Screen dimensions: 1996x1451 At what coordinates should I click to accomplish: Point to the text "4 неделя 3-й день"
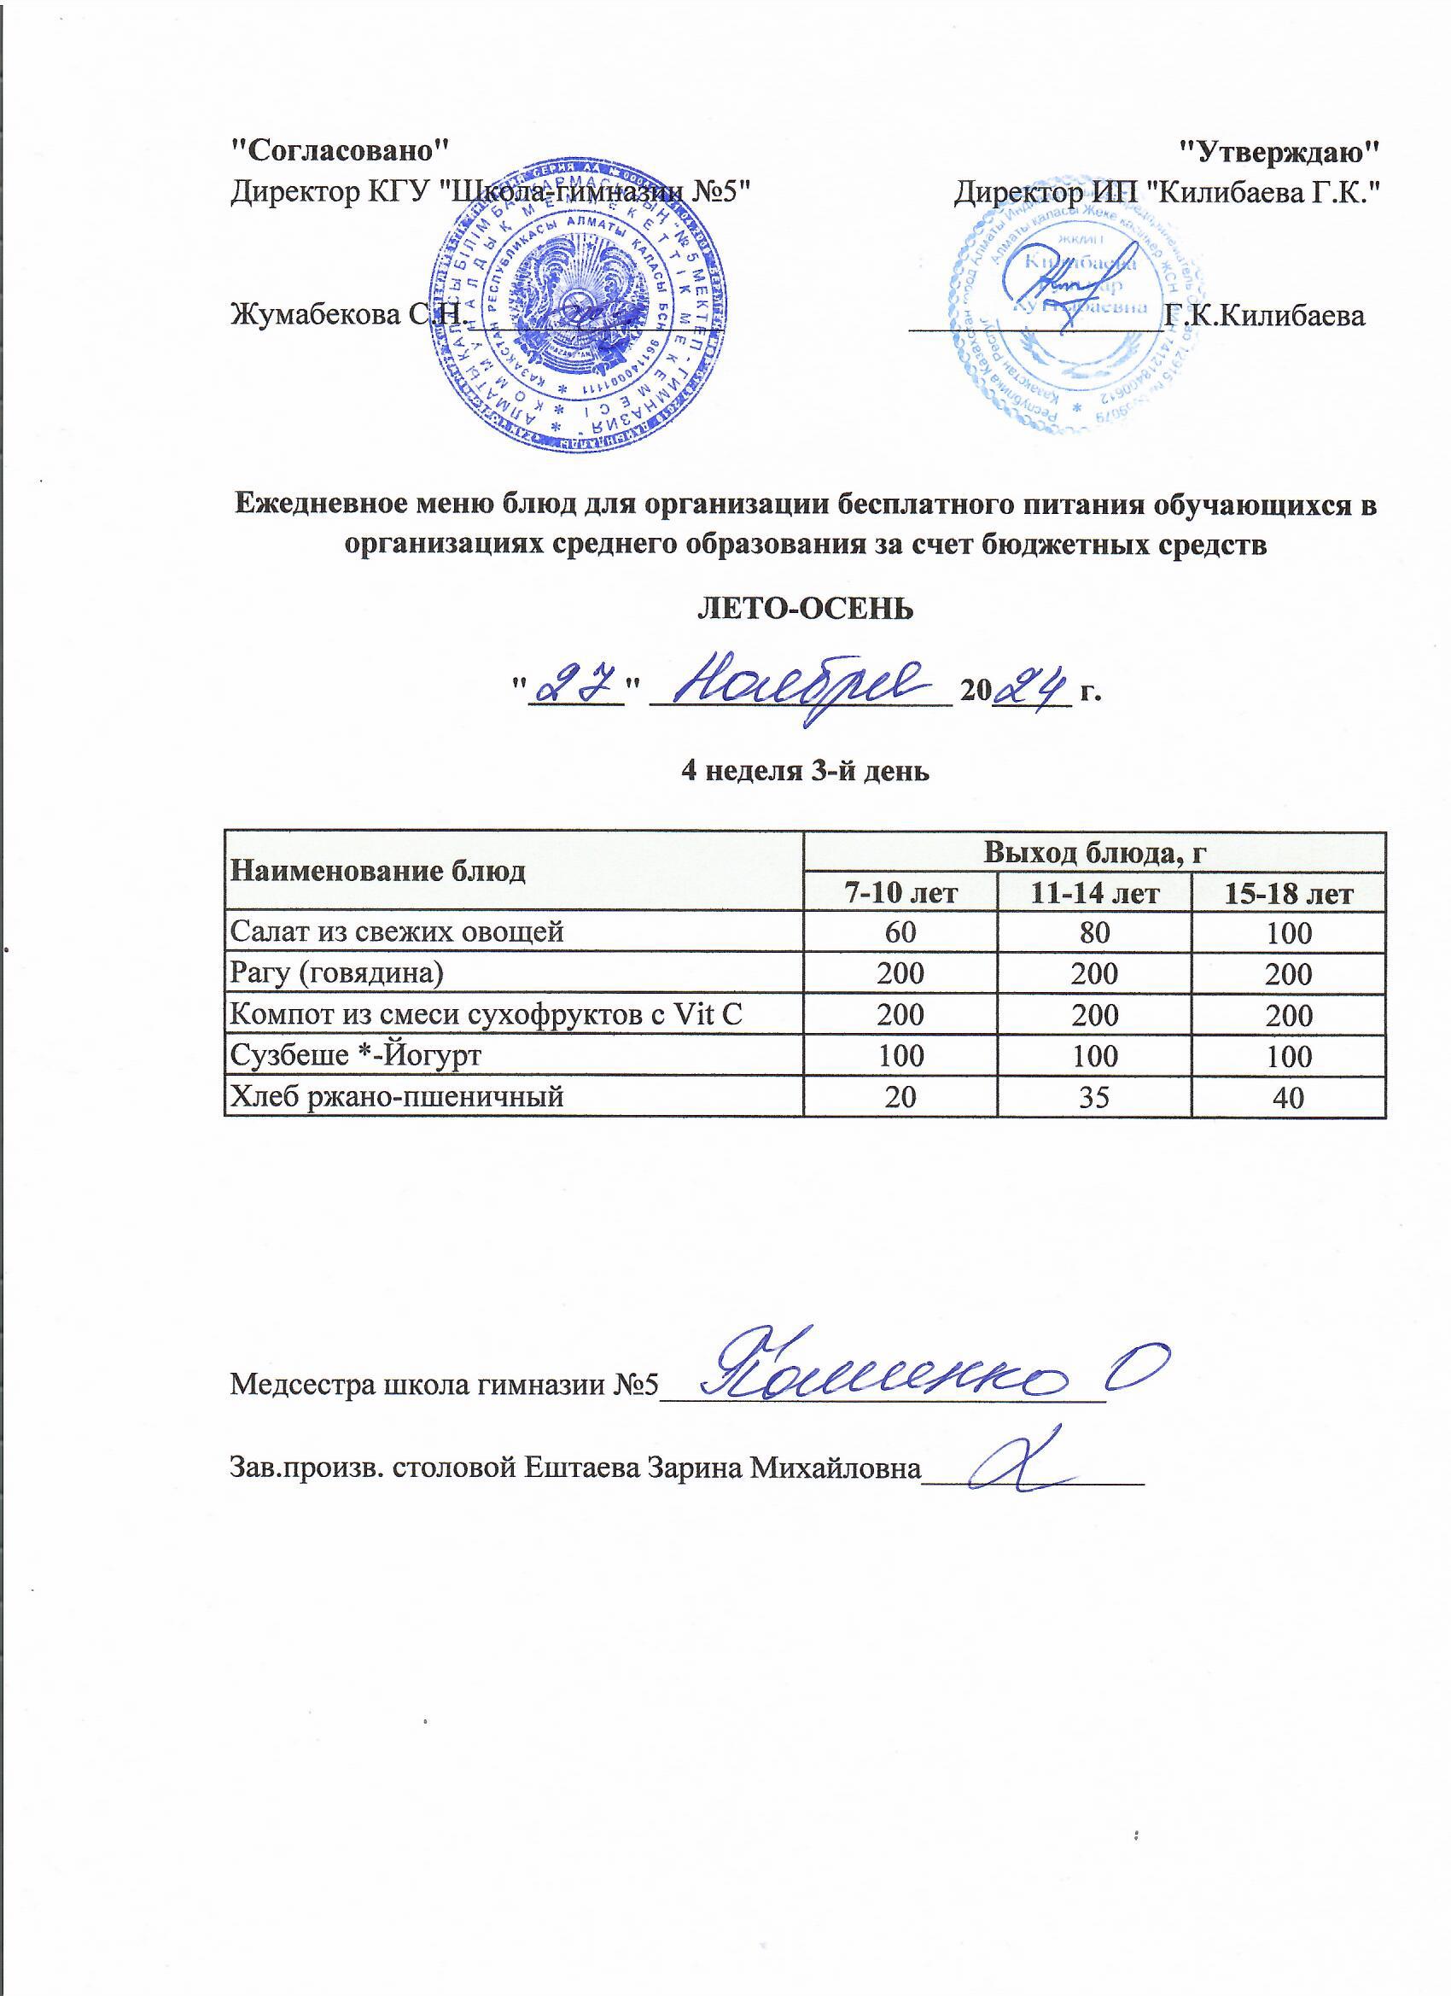coord(805,772)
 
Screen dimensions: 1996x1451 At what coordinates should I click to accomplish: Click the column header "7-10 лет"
coord(900,894)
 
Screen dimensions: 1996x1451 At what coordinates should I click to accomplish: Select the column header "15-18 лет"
coord(1289,894)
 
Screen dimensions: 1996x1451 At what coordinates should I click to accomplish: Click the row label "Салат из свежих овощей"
coord(396,932)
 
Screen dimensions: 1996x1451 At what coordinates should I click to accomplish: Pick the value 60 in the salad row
coord(900,934)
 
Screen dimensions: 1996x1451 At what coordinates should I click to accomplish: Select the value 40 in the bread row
coord(1289,1097)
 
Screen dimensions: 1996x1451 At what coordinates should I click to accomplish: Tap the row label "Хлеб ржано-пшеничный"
coord(396,1096)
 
